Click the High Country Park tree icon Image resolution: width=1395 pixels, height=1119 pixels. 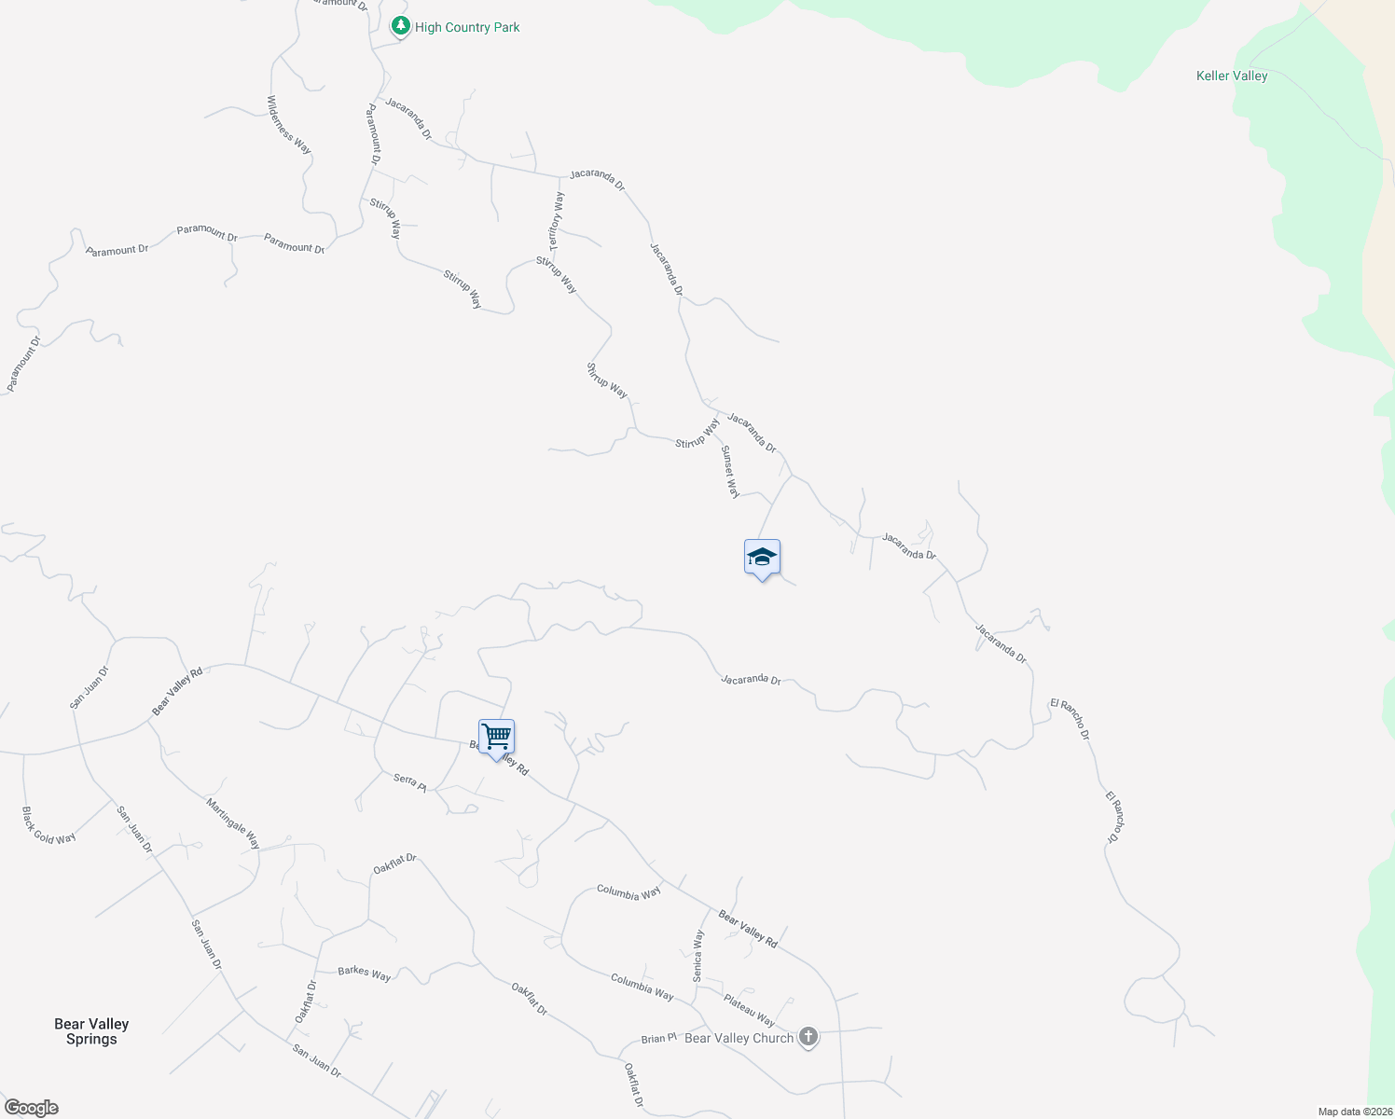(x=401, y=26)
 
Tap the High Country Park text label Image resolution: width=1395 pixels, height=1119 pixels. (x=467, y=28)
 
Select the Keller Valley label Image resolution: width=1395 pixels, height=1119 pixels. (x=1232, y=76)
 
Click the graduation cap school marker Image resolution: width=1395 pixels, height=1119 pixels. (x=762, y=558)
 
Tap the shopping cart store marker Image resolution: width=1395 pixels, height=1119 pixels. (x=496, y=737)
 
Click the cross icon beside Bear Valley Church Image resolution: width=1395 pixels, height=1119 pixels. (x=808, y=1037)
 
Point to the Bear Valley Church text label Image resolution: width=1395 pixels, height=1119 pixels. (x=739, y=1038)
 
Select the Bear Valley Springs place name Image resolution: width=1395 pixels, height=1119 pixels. (x=91, y=1031)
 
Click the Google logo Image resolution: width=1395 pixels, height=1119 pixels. (x=32, y=1108)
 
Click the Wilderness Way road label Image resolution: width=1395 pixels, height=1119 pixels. (x=289, y=125)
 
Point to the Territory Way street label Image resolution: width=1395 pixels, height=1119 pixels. (x=556, y=221)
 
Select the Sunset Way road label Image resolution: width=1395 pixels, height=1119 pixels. (x=730, y=471)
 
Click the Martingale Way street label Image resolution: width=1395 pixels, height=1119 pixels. (x=233, y=823)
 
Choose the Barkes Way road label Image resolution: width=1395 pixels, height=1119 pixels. (x=365, y=974)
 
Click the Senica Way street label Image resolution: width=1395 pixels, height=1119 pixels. (x=697, y=956)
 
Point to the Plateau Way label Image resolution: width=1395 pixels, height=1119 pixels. (x=749, y=1009)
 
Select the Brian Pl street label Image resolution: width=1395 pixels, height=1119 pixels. (x=658, y=1038)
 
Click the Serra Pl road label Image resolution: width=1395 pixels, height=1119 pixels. (x=409, y=782)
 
